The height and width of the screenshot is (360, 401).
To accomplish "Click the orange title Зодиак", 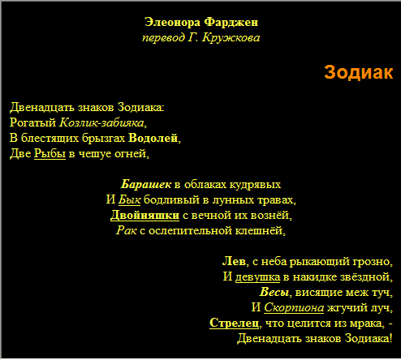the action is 358,72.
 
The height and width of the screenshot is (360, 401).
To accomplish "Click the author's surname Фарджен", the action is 231,22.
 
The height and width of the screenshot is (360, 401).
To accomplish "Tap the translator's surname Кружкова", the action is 231,37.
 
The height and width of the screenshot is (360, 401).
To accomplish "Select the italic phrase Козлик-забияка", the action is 101,122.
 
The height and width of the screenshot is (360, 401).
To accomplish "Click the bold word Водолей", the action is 153,138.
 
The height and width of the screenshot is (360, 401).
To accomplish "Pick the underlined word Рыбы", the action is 50,153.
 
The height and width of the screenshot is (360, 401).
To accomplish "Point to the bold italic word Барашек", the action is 146,184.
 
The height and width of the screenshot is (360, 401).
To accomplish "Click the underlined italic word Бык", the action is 129,199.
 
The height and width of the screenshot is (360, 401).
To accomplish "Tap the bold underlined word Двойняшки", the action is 144,215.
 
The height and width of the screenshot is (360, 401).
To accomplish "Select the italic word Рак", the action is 127,230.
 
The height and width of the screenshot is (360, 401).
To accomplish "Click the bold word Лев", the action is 234,261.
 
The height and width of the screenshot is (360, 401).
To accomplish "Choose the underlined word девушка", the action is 257,276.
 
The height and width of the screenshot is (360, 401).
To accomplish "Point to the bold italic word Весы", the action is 274,292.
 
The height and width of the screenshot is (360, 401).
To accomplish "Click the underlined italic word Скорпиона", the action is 294,307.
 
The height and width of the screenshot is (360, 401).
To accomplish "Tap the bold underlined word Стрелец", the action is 234,323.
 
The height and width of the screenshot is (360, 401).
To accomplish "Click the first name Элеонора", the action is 172,22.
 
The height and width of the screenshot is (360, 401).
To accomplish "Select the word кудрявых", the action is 255,184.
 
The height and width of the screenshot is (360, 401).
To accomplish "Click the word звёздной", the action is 364,276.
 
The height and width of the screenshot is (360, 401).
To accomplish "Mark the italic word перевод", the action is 164,37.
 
